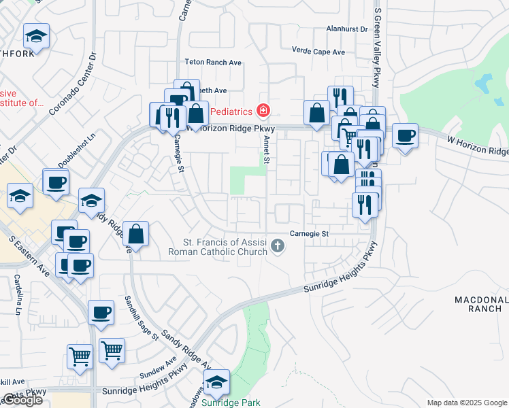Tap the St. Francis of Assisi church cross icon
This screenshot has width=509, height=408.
coord(277,245)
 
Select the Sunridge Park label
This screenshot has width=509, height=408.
coord(231,403)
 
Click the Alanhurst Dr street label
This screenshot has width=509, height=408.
coord(346,29)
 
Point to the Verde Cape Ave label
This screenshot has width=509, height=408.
coord(318,52)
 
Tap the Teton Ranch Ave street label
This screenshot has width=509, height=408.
coord(214,62)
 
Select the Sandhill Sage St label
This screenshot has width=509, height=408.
coord(142,318)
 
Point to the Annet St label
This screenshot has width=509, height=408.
coord(267,150)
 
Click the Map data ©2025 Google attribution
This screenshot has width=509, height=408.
coord(467,403)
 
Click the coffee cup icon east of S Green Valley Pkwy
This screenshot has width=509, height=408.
coord(405,135)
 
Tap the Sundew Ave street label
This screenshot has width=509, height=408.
coord(158,367)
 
